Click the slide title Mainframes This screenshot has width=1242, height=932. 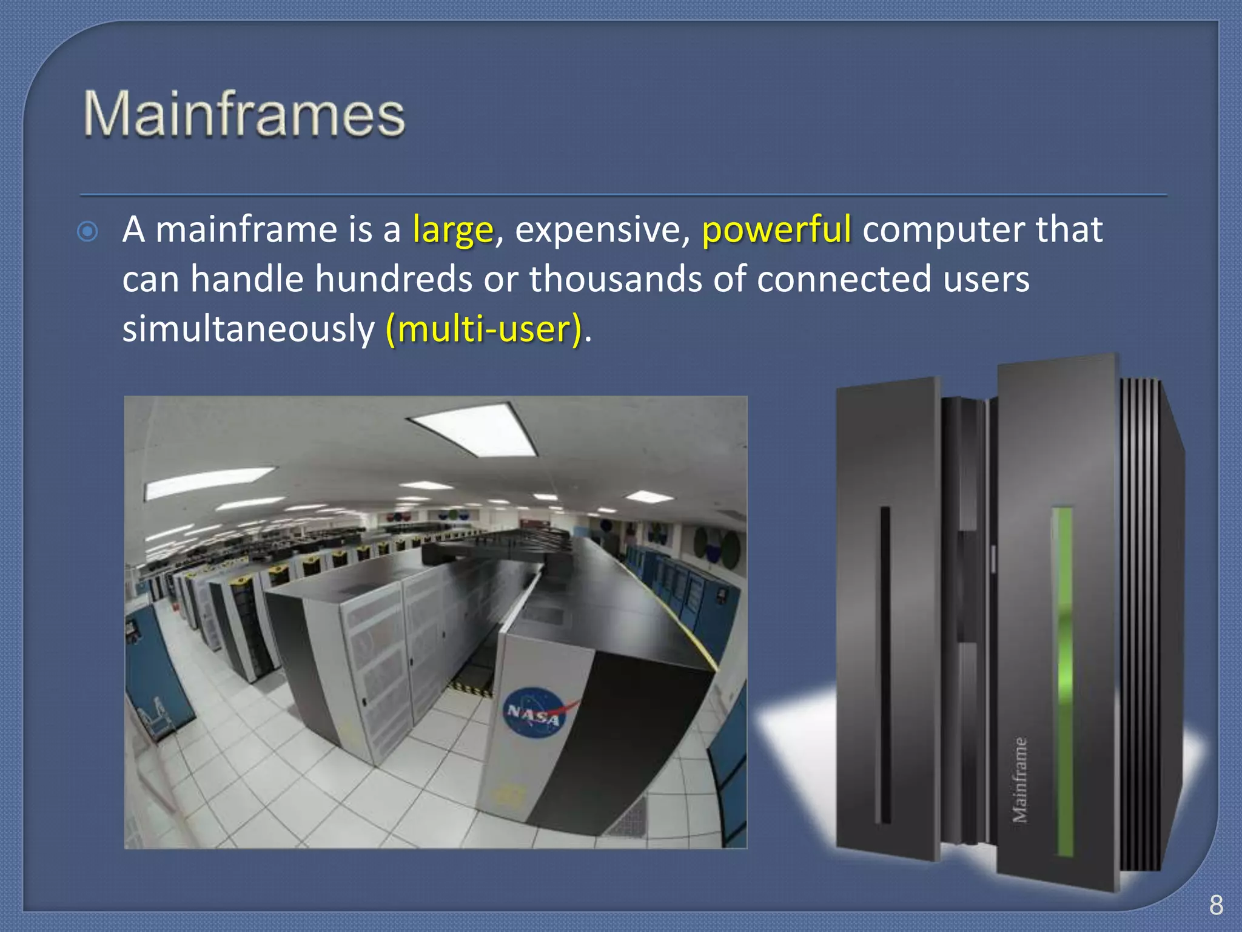[x=244, y=114]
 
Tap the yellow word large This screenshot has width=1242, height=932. [x=453, y=231]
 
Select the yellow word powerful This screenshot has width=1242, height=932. [x=776, y=231]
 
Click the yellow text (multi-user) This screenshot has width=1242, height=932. [x=483, y=329]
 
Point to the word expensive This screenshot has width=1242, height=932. [x=602, y=231]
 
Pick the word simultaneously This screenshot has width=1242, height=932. [x=249, y=329]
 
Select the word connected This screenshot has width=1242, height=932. [x=844, y=280]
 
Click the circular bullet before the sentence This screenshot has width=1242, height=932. [x=88, y=232]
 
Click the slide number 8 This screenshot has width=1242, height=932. [x=1216, y=905]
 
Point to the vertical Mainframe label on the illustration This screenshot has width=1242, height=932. [x=1020, y=780]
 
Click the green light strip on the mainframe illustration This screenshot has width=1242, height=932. [x=1063, y=680]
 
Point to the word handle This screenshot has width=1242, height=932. [x=247, y=280]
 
